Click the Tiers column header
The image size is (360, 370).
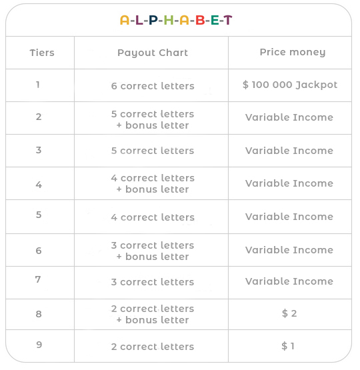tap(42, 53)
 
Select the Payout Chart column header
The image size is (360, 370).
tap(153, 53)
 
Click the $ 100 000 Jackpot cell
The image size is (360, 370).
tap(290, 85)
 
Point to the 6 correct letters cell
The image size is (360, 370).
tap(153, 86)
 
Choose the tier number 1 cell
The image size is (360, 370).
tap(38, 85)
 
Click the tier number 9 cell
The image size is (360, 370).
tap(39, 346)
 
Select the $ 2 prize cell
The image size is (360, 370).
tap(289, 313)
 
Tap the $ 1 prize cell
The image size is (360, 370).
tap(289, 346)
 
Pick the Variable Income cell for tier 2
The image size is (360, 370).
tap(289, 117)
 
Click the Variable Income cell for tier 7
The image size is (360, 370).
tap(289, 281)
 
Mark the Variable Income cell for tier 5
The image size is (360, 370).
tap(289, 217)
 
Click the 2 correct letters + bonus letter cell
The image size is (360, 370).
tap(153, 314)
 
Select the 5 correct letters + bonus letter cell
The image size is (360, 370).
tap(153, 119)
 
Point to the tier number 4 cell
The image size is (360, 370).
tap(39, 184)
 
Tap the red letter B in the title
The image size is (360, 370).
tap(199, 20)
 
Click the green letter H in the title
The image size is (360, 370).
tap(168, 20)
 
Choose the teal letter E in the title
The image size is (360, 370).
tap(214, 20)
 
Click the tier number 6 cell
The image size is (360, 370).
tap(39, 251)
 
